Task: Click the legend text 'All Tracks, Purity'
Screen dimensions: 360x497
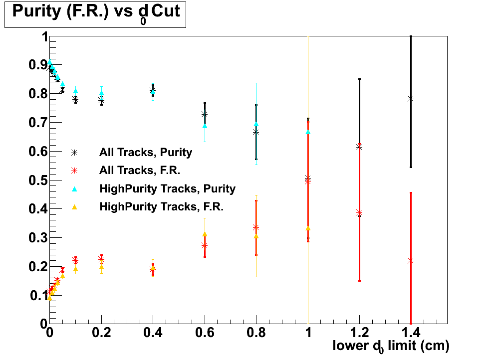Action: (x=146, y=152)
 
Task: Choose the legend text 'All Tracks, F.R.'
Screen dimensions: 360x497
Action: (x=140, y=171)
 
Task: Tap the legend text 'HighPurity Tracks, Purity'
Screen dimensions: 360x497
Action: (x=167, y=188)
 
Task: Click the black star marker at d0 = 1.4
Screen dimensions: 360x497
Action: (x=411, y=99)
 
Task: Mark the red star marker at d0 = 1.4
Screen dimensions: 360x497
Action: (x=411, y=261)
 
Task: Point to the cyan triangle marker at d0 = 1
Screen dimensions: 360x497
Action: (x=308, y=132)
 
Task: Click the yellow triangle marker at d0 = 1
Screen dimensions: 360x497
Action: (x=308, y=228)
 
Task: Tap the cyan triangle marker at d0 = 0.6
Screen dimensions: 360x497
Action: (x=205, y=126)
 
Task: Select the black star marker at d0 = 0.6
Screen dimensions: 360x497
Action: (x=205, y=114)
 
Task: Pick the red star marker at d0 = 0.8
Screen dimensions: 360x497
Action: (x=256, y=227)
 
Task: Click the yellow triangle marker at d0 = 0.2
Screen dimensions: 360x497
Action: (x=101, y=267)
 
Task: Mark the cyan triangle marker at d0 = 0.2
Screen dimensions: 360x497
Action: (x=101, y=93)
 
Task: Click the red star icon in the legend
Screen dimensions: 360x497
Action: (x=74, y=171)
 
